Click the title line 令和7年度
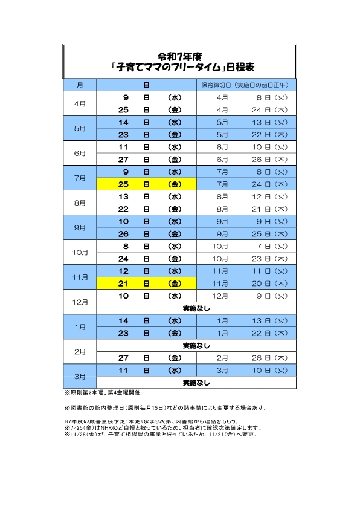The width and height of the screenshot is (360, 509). click(180, 55)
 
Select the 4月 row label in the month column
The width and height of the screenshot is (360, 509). click(80, 103)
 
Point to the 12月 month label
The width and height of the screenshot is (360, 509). click(80, 302)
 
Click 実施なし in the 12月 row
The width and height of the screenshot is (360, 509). click(196, 308)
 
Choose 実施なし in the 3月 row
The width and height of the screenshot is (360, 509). click(196, 383)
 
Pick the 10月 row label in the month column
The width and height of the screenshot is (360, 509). click(80, 252)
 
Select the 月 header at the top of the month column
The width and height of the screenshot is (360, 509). click(80, 85)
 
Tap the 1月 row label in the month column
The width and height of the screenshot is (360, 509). click(80, 326)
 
